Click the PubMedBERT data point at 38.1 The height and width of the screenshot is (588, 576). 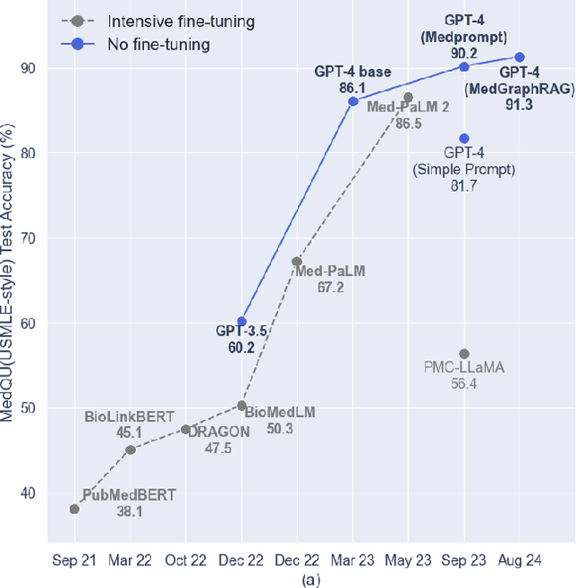tap(74, 509)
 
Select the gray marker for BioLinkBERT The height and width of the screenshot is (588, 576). tap(130, 450)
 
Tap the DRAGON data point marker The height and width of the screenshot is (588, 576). tap(185, 430)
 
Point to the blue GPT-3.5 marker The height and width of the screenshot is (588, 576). tap(241, 321)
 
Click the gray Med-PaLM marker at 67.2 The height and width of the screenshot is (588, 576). tap(297, 262)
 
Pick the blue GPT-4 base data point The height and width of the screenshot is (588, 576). tap(353, 101)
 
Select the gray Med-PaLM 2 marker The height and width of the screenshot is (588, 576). tap(408, 97)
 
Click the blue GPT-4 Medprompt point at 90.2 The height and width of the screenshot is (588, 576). tap(464, 67)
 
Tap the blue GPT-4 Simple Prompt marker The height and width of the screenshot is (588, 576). tap(464, 138)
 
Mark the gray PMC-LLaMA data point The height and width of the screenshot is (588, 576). tap(464, 353)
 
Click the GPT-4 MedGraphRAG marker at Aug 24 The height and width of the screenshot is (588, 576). tap(519, 57)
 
